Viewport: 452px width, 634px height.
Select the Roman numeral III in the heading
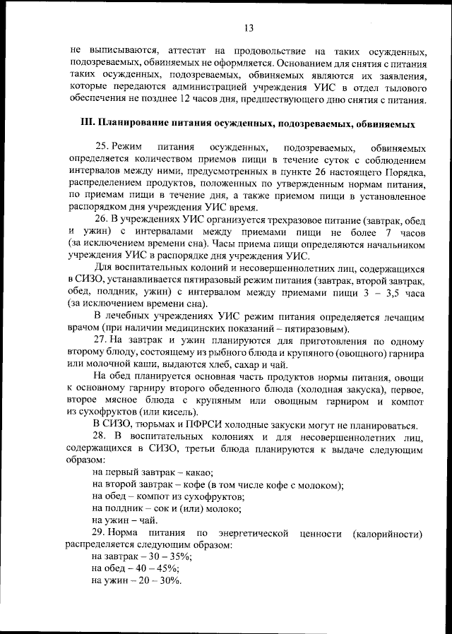point(90,123)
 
